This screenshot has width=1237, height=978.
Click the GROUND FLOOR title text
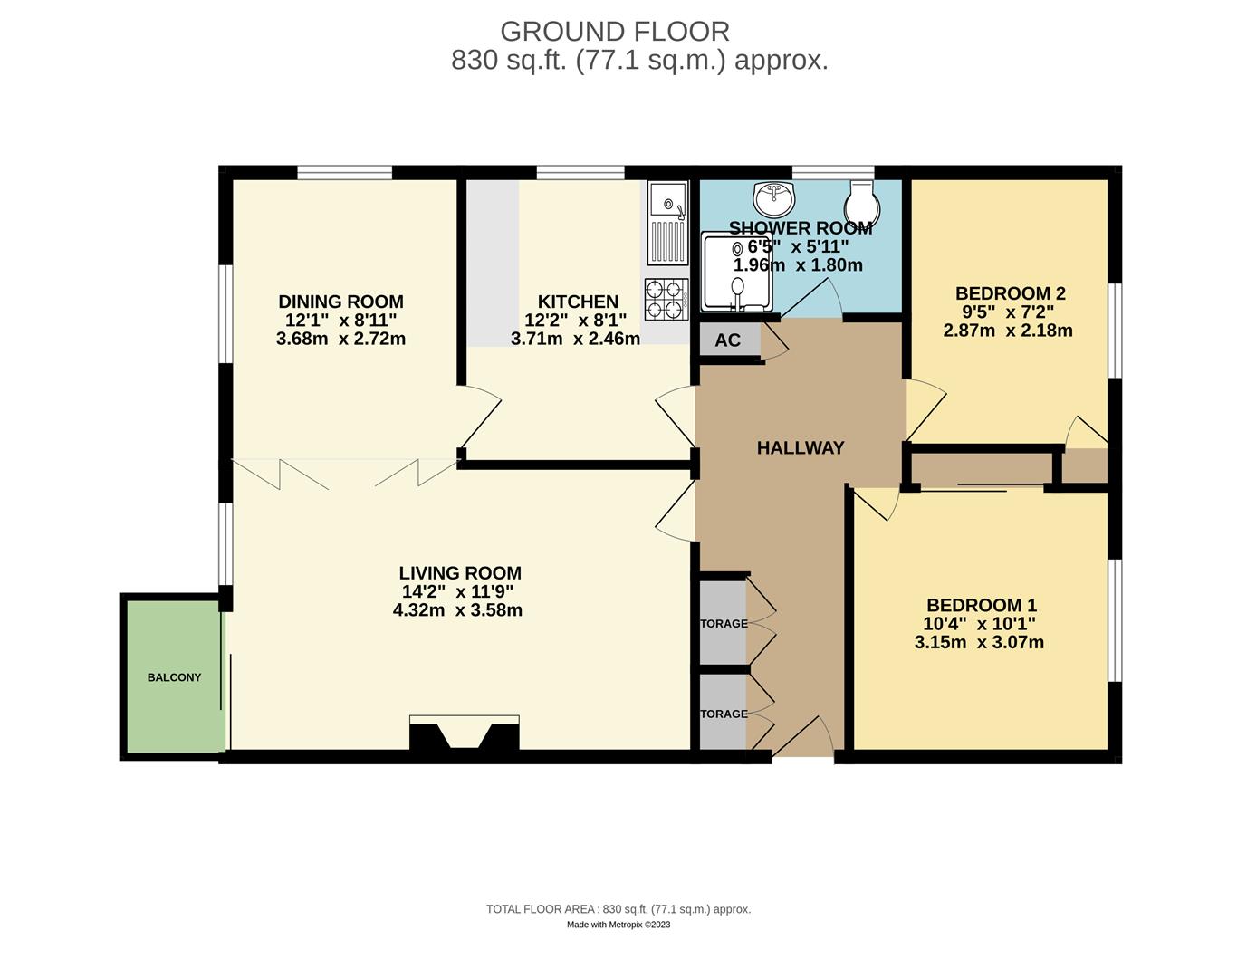tap(614, 32)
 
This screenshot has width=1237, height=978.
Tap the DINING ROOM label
tap(340, 302)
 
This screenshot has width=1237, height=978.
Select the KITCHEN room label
tap(578, 302)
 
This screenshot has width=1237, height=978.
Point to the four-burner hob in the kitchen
tap(665, 299)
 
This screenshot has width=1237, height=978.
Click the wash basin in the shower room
tap(772, 197)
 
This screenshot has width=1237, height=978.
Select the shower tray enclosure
tap(738, 273)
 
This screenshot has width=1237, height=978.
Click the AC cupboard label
tap(727, 340)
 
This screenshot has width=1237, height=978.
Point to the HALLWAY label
tap(800, 447)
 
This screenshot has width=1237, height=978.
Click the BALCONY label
tap(174, 677)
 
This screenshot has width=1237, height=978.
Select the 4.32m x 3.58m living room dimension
tap(457, 610)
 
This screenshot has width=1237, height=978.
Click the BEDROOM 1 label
tap(981, 605)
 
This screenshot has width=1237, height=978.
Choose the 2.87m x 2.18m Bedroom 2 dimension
tap(1007, 331)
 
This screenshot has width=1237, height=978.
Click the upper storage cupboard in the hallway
tap(723, 623)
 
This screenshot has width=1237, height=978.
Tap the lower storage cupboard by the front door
tap(723, 714)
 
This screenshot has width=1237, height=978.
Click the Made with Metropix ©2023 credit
tap(618, 925)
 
